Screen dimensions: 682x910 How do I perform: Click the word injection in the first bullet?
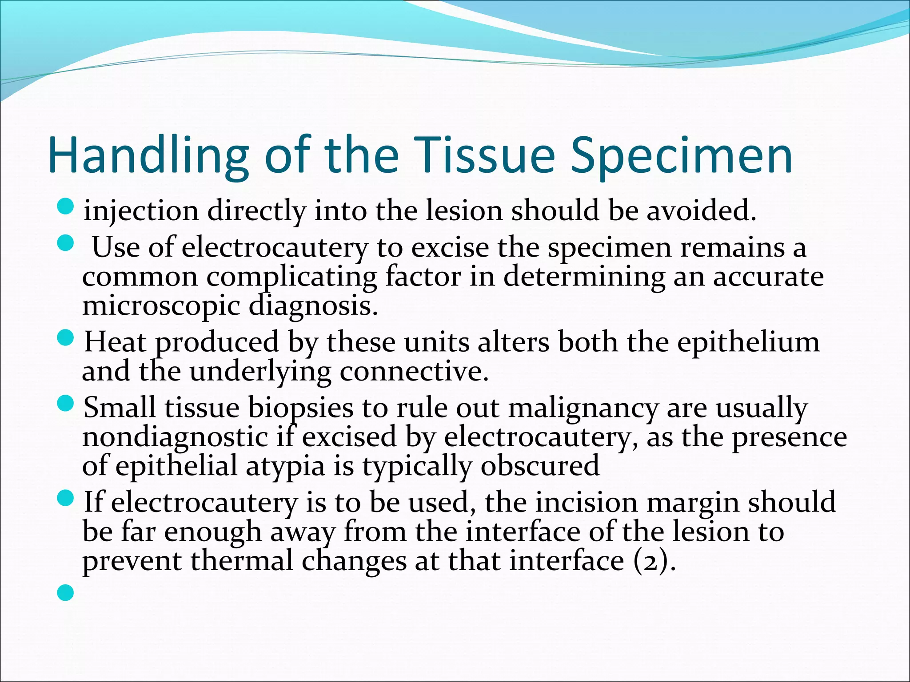pos(141,210)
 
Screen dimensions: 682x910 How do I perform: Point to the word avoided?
pos(701,210)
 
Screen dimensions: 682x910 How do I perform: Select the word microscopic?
pos(160,306)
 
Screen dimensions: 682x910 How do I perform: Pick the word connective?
pos(414,372)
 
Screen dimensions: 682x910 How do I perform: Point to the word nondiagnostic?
pos(175,437)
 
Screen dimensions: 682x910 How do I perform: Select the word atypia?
pos(285,466)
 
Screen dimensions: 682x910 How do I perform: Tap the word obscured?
pos(540,466)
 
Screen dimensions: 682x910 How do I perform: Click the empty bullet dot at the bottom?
pos(66,593)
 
